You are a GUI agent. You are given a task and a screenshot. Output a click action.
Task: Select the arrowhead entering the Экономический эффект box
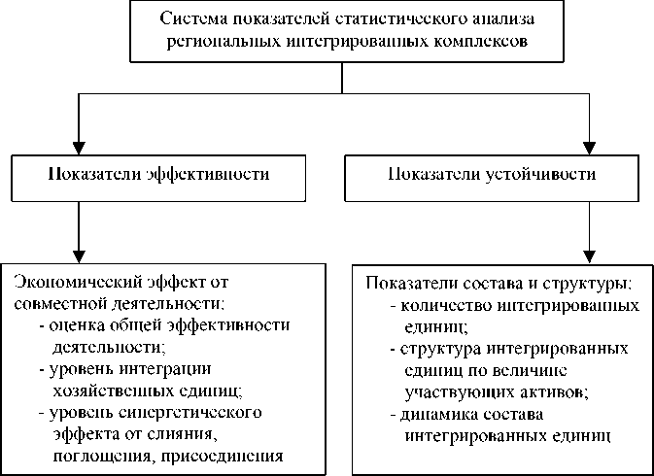click(76, 247)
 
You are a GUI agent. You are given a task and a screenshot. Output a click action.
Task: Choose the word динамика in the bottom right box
click(433, 414)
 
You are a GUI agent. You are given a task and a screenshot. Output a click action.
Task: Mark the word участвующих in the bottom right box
click(451, 391)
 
